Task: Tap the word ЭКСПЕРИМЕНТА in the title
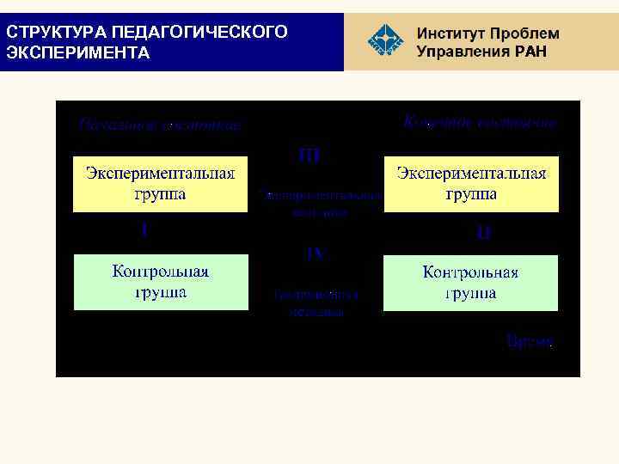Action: (x=78, y=52)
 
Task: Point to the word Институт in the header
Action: (x=450, y=34)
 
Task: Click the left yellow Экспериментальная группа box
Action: (x=160, y=184)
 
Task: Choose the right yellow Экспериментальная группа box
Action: (x=471, y=184)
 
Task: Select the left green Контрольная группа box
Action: (x=160, y=282)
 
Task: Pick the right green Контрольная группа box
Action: (x=471, y=282)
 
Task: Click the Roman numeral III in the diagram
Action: (x=309, y=156)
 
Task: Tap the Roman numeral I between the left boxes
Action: (x=144, y=230)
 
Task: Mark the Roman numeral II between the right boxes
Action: (x=483, y=232)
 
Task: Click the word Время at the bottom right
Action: (x=530, y=342)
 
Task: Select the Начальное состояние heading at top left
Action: (x=160, y=125)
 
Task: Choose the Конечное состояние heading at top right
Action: (x=480, y=123)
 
